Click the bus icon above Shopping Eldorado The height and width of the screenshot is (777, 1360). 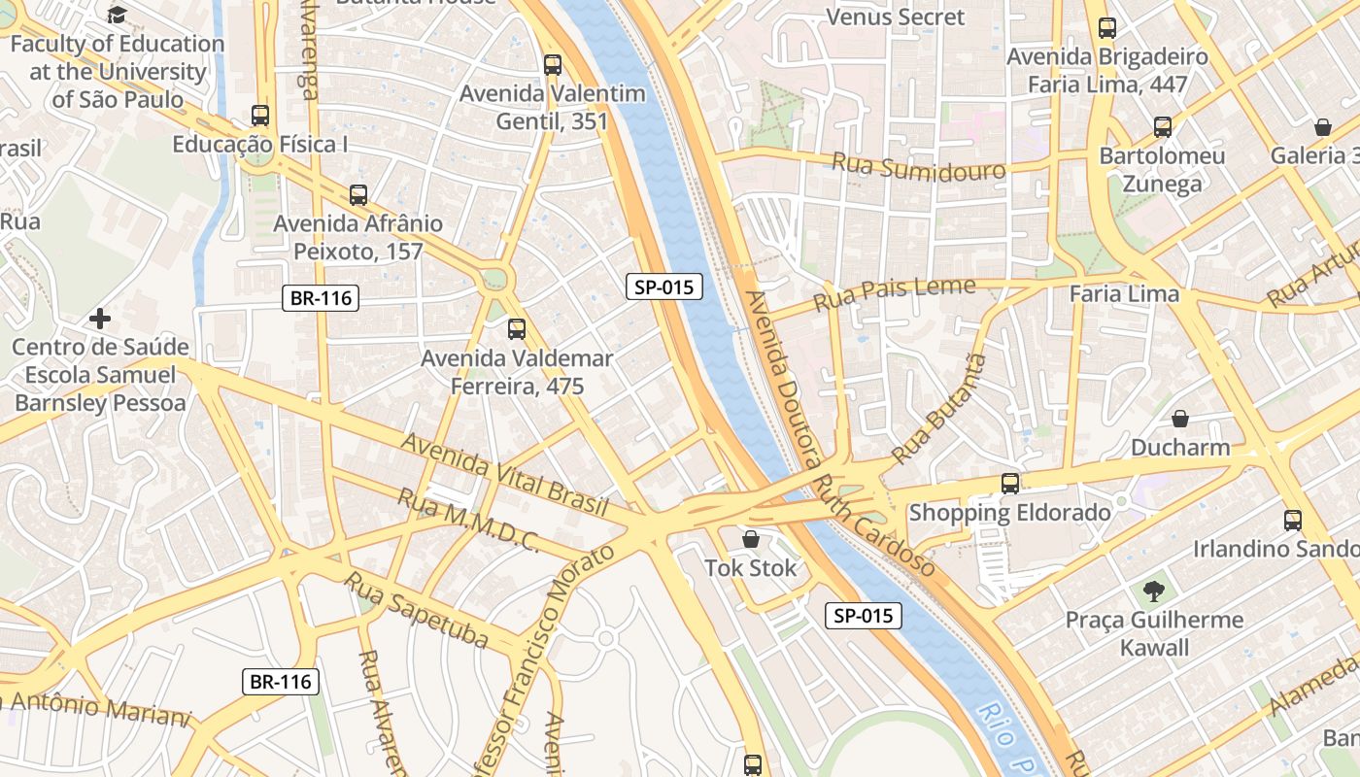[1010, 483]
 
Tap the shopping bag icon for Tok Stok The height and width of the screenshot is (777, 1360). [751, 539]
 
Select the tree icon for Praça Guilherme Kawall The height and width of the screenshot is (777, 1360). [1153, 590]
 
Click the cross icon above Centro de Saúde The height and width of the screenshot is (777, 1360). [99, 318]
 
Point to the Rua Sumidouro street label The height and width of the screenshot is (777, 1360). [918, 166]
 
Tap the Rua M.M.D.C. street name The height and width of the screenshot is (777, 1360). [467, 521]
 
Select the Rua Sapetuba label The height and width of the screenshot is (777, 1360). [417, 610]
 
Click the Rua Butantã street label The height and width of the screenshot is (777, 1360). [939, 407]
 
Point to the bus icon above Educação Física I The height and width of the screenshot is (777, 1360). [260, 115]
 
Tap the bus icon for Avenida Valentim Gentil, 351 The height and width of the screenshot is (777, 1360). [553, 65]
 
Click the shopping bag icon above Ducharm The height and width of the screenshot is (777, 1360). [1180, 419]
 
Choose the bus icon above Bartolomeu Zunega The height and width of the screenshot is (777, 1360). [1163, 126]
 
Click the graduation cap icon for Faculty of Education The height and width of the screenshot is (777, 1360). [118, 15]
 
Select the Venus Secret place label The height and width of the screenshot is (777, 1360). [895, 17]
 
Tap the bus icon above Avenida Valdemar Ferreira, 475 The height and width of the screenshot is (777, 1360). [517, 328]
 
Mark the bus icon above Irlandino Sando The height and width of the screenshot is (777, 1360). [1292, 520]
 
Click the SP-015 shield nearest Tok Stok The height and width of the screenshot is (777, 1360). [863, 616]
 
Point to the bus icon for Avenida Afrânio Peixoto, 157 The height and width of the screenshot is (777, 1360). [358, 194]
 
